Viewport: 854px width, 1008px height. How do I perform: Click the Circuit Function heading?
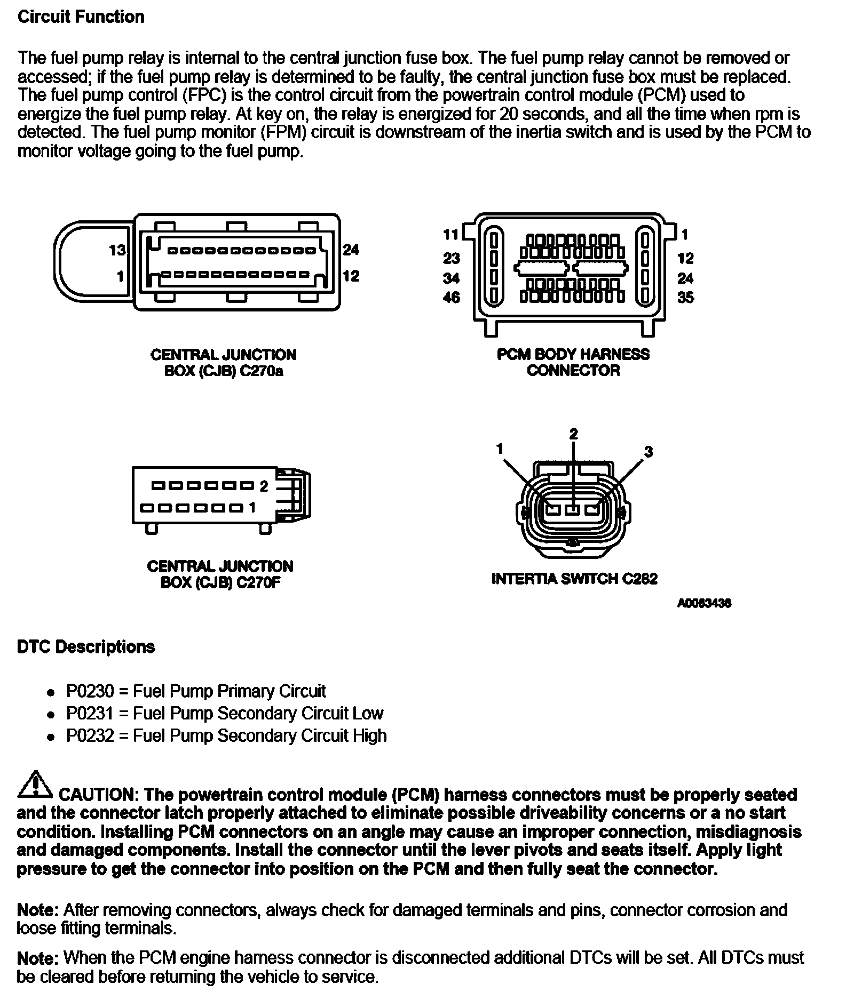[x=81, y=17]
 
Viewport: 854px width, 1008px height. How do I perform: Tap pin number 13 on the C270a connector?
[x=117, y=250]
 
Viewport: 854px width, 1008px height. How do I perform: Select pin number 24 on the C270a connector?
[x=351, y=250]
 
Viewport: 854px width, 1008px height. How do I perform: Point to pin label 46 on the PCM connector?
[x=451, y=297]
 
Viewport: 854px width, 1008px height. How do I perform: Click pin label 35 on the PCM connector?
[x=686, y=297]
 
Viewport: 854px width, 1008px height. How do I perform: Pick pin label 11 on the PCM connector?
[x=451, y=234]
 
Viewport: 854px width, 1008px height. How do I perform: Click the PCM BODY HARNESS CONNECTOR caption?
[x=573, y=362]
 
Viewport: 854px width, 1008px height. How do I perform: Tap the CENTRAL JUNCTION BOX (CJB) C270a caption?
[x=223, y=363]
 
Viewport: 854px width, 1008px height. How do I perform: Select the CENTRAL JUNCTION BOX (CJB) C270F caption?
[x=220, y=574]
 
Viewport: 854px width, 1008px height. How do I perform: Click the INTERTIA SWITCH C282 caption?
[x=574, y=579]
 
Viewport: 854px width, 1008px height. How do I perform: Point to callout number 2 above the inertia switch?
[x=573, y=434]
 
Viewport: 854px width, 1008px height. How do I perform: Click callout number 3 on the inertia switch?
[x=648, y=452]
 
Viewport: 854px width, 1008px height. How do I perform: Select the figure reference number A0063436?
[x=704, y=603]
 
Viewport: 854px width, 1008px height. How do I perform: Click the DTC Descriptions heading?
[x=86, y=647]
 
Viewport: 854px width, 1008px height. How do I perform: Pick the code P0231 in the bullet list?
[x=90, y=713]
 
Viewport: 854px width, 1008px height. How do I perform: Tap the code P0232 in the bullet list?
[x=90, y=735]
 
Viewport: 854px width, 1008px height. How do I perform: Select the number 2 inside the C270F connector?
[x=264, y=486]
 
